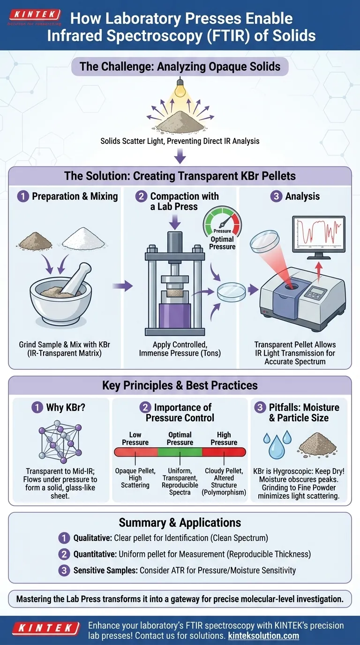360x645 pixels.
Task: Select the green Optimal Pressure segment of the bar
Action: (180, 452)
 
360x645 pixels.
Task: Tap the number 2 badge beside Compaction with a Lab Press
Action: (141, 197)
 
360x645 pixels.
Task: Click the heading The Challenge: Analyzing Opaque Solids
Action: (180, 66)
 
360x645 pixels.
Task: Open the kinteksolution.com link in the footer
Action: (263, 636)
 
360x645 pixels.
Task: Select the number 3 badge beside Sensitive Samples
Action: (64, 570)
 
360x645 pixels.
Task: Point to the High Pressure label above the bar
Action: (224, 438)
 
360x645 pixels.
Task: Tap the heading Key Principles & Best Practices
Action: (180, 385)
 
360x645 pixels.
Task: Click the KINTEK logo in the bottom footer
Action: (46, 628)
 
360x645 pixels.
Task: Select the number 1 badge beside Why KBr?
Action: (37, 407)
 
